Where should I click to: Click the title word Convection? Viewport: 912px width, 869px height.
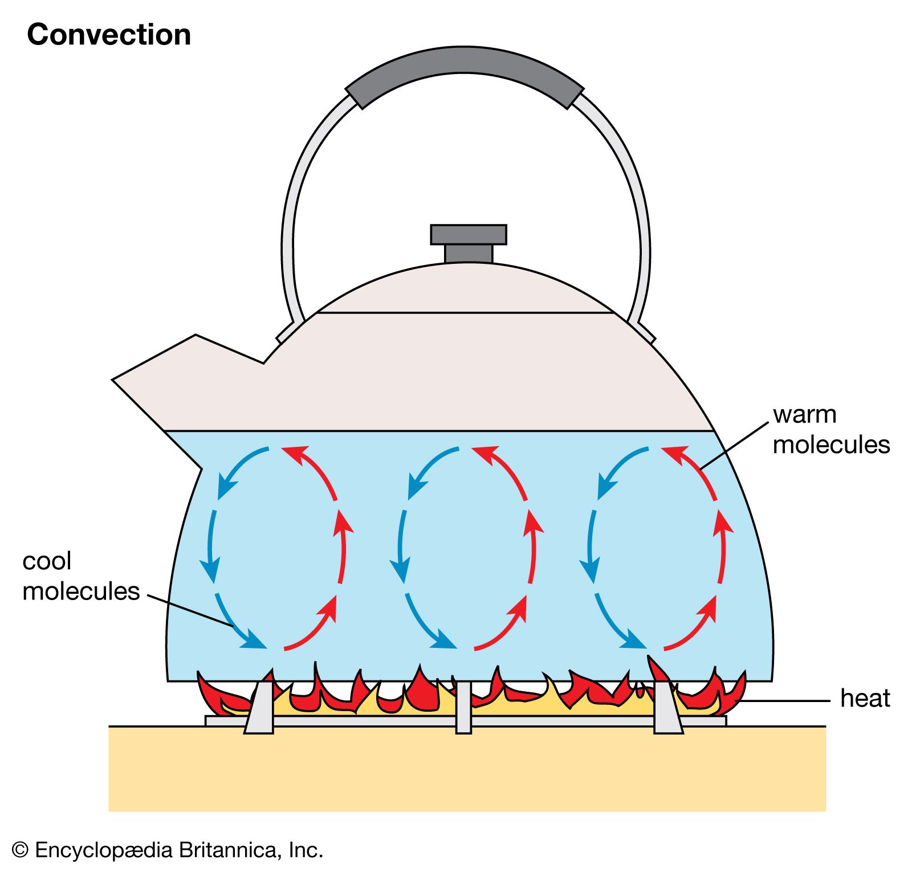click(x=109, y=35)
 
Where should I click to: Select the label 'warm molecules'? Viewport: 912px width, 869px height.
click(x=830, y=430)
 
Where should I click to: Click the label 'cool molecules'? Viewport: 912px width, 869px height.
click(x=80, y=576)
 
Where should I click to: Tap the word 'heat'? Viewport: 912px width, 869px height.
click(x=865, y=699)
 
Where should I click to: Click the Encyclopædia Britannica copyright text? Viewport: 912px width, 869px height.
click(x=168, y=850)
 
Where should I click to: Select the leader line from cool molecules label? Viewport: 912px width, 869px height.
click(x=191, y=611)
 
